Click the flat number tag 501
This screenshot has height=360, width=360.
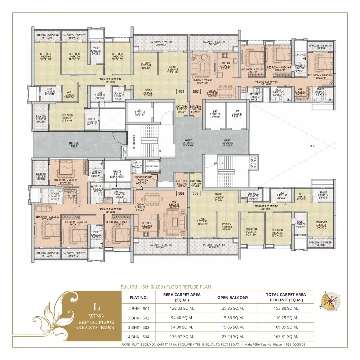181,91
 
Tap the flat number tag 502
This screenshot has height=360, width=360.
196,91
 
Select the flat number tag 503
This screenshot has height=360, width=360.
195,193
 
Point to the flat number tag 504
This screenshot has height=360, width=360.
181,193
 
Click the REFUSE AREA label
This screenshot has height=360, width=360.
74,145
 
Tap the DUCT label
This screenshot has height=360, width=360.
313,146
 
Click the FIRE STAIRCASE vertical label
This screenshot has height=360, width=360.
134,142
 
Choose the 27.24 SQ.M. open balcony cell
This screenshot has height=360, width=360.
233,337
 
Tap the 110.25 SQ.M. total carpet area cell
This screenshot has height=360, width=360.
286,318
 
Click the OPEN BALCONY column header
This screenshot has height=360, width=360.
233,298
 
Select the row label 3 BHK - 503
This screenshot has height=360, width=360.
139,327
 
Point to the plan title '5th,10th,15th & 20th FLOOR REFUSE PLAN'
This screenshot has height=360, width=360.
166,287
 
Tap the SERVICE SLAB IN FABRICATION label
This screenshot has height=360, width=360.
117,174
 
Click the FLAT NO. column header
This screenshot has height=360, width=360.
139,298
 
